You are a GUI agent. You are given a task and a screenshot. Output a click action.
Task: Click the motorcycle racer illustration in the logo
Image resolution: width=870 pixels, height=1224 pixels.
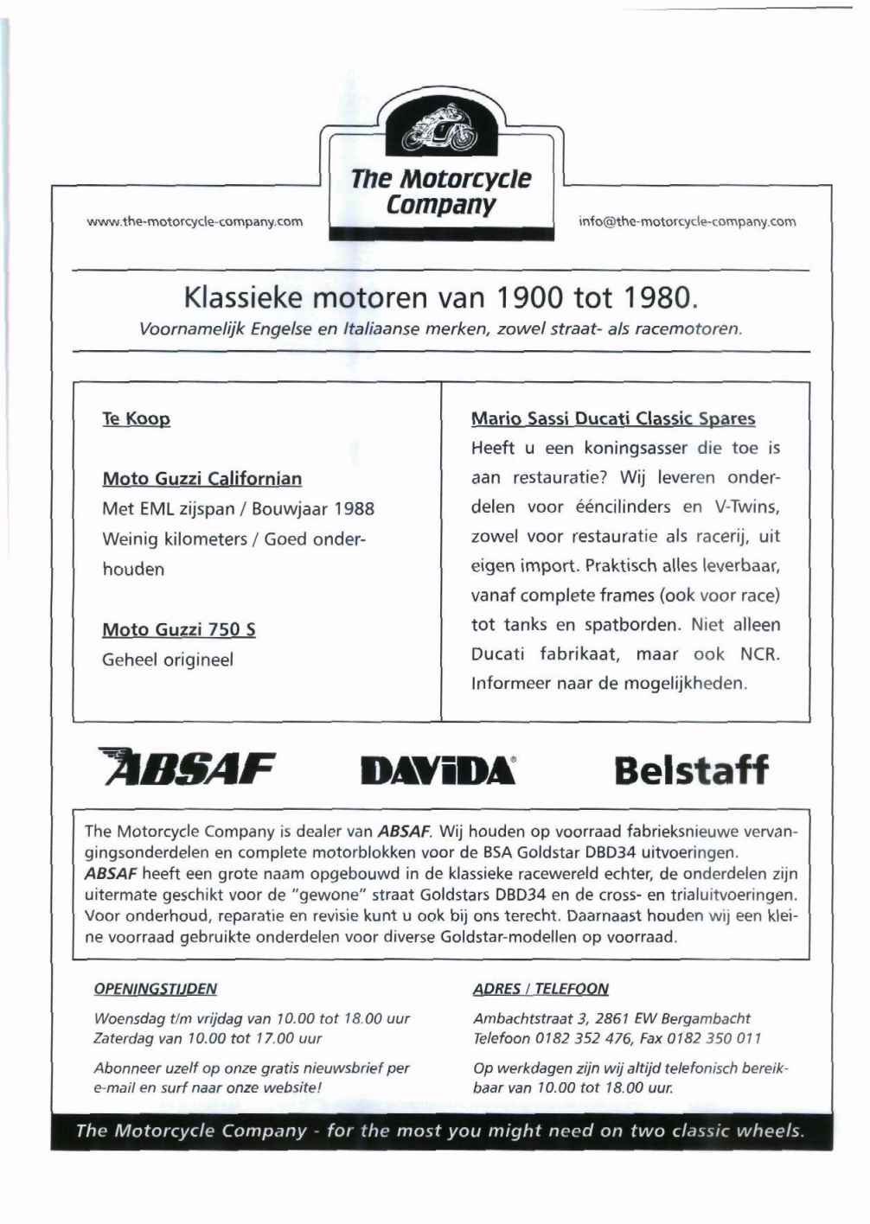[441, 130]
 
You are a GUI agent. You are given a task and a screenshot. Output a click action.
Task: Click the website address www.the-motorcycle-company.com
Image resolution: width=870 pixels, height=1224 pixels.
[195, 221]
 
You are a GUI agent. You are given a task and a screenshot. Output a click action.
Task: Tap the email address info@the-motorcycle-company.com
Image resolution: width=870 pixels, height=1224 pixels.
[687, 221]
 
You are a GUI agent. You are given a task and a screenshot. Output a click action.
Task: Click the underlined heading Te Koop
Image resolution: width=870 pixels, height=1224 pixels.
[136, 419]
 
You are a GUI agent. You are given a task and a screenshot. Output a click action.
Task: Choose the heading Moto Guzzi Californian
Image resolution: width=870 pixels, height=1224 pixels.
[202, 479]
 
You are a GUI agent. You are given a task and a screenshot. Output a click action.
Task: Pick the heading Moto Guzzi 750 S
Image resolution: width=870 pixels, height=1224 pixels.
[178, 630]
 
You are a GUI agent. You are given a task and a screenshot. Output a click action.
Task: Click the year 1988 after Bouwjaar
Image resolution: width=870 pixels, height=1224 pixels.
[354, 509]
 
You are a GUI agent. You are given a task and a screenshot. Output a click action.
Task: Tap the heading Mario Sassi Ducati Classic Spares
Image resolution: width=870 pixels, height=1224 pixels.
[612, 419]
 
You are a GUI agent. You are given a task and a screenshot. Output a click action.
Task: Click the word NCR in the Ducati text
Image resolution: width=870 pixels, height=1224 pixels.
[758, 654]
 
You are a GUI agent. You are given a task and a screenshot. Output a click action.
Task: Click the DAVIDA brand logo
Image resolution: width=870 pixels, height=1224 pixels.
[438, 770]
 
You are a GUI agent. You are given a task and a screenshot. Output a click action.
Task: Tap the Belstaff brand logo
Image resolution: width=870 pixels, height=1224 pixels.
[690, 769]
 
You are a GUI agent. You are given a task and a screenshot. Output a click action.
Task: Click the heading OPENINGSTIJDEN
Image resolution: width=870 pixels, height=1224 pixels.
[155, 989]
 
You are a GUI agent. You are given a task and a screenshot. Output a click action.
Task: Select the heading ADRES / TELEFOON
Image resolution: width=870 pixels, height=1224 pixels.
[541, 989]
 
